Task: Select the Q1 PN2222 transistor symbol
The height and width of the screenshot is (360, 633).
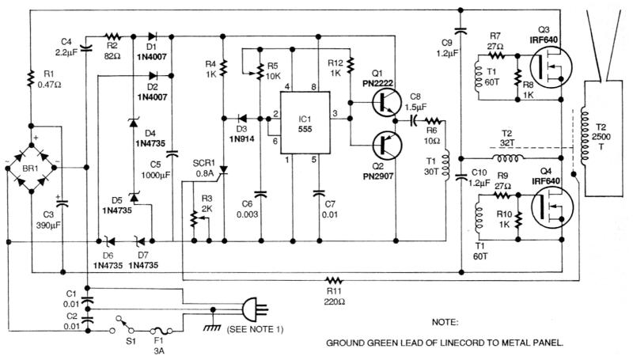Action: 386,101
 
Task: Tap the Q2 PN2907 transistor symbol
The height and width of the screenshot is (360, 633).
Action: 386,148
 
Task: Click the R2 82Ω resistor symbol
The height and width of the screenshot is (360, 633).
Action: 112,36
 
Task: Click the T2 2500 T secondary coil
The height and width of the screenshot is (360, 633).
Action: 588,139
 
